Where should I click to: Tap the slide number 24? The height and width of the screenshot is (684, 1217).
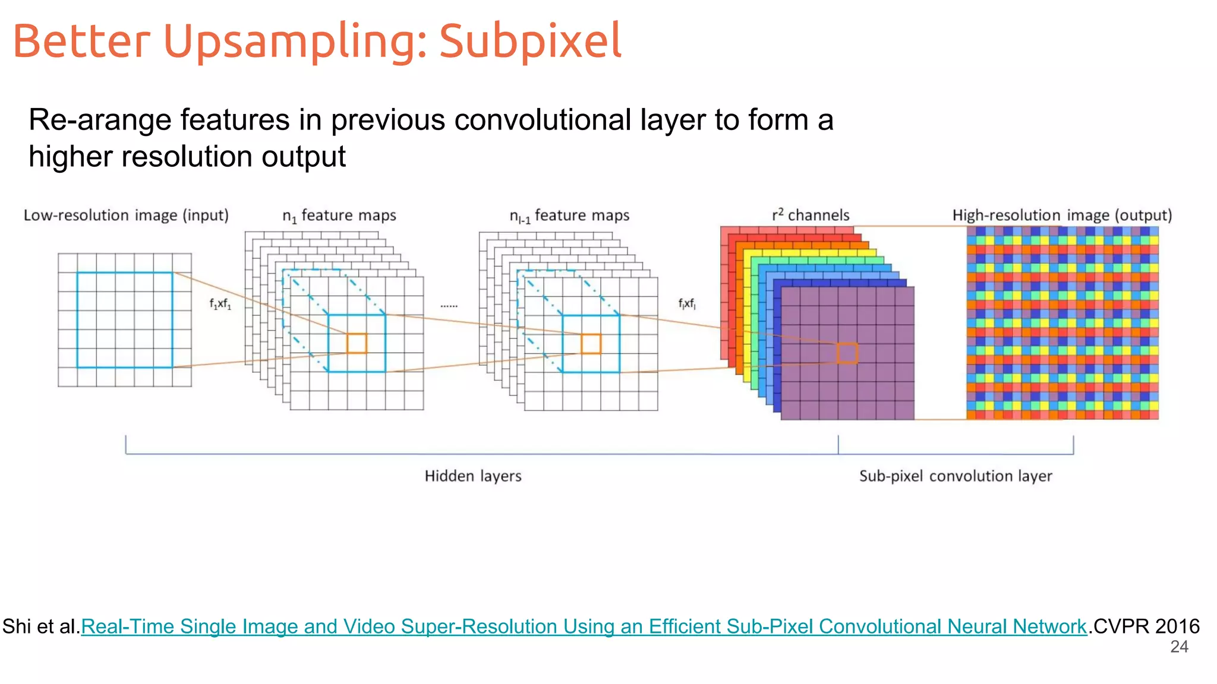[x=1179, y=647]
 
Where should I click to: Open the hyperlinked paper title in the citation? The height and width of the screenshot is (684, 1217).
[x=584, y=626]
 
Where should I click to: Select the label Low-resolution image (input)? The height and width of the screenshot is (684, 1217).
[x=126, y=215]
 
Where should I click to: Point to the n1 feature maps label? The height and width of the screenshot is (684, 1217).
[x=339, y=216]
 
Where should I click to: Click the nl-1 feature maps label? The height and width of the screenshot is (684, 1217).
[x=569, y=216]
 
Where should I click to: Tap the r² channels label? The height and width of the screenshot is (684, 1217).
[x=811, y=215]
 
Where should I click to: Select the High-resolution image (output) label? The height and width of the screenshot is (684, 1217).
[x=1062, y=215]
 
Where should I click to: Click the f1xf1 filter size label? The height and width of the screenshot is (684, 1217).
[x=220, y=304]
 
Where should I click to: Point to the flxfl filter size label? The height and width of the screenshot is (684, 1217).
[x=687, y=304]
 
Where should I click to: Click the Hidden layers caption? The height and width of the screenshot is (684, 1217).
[x=473, y=476]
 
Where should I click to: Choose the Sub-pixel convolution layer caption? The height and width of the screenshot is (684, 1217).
[x=956, y=476]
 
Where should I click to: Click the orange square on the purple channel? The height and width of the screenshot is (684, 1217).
[x=847, y=353]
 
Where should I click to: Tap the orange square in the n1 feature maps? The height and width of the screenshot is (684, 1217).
[x=357, y=343]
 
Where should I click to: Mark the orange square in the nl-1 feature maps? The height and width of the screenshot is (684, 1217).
[x=591, y=344]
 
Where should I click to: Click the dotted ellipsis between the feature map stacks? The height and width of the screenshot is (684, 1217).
[x=449, y=306]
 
